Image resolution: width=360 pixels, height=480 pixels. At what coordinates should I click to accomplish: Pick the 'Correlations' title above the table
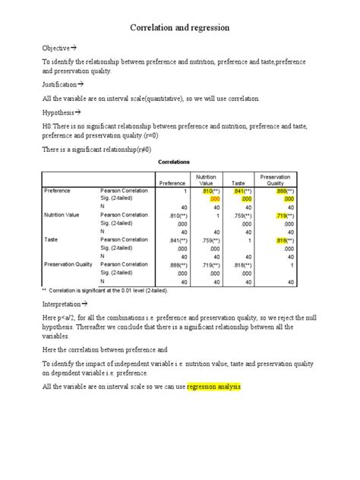[174, 162]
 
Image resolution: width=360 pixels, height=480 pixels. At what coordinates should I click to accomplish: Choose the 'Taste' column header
[238, 183]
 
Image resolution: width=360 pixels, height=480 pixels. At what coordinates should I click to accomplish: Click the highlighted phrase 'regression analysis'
[213, 387]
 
